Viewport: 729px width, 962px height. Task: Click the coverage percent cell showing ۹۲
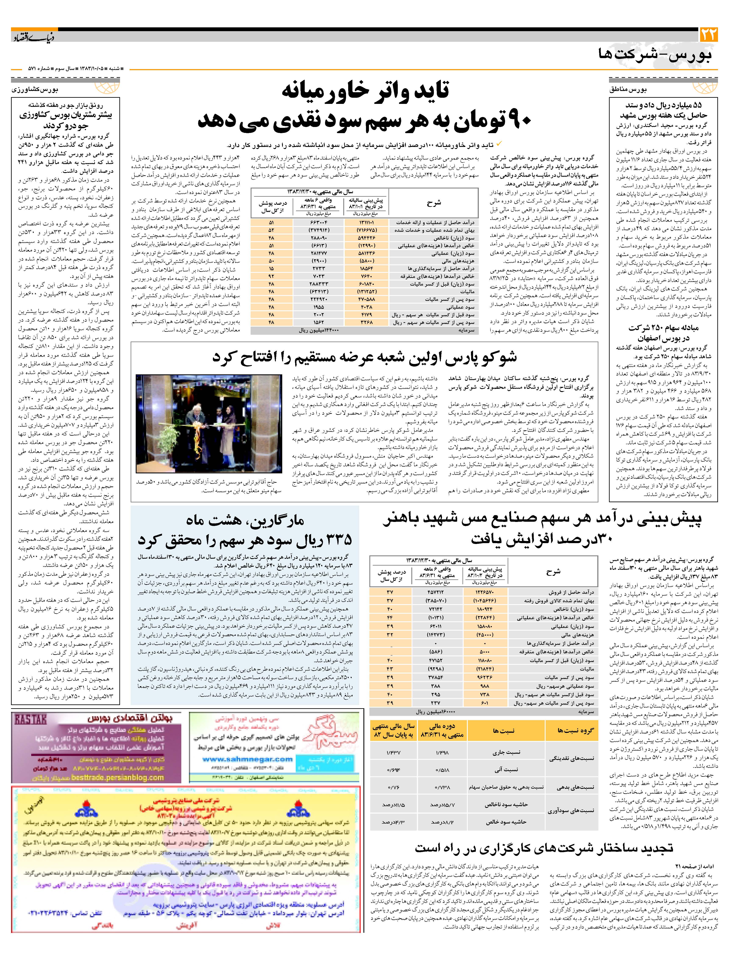[x=271, y=276]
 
